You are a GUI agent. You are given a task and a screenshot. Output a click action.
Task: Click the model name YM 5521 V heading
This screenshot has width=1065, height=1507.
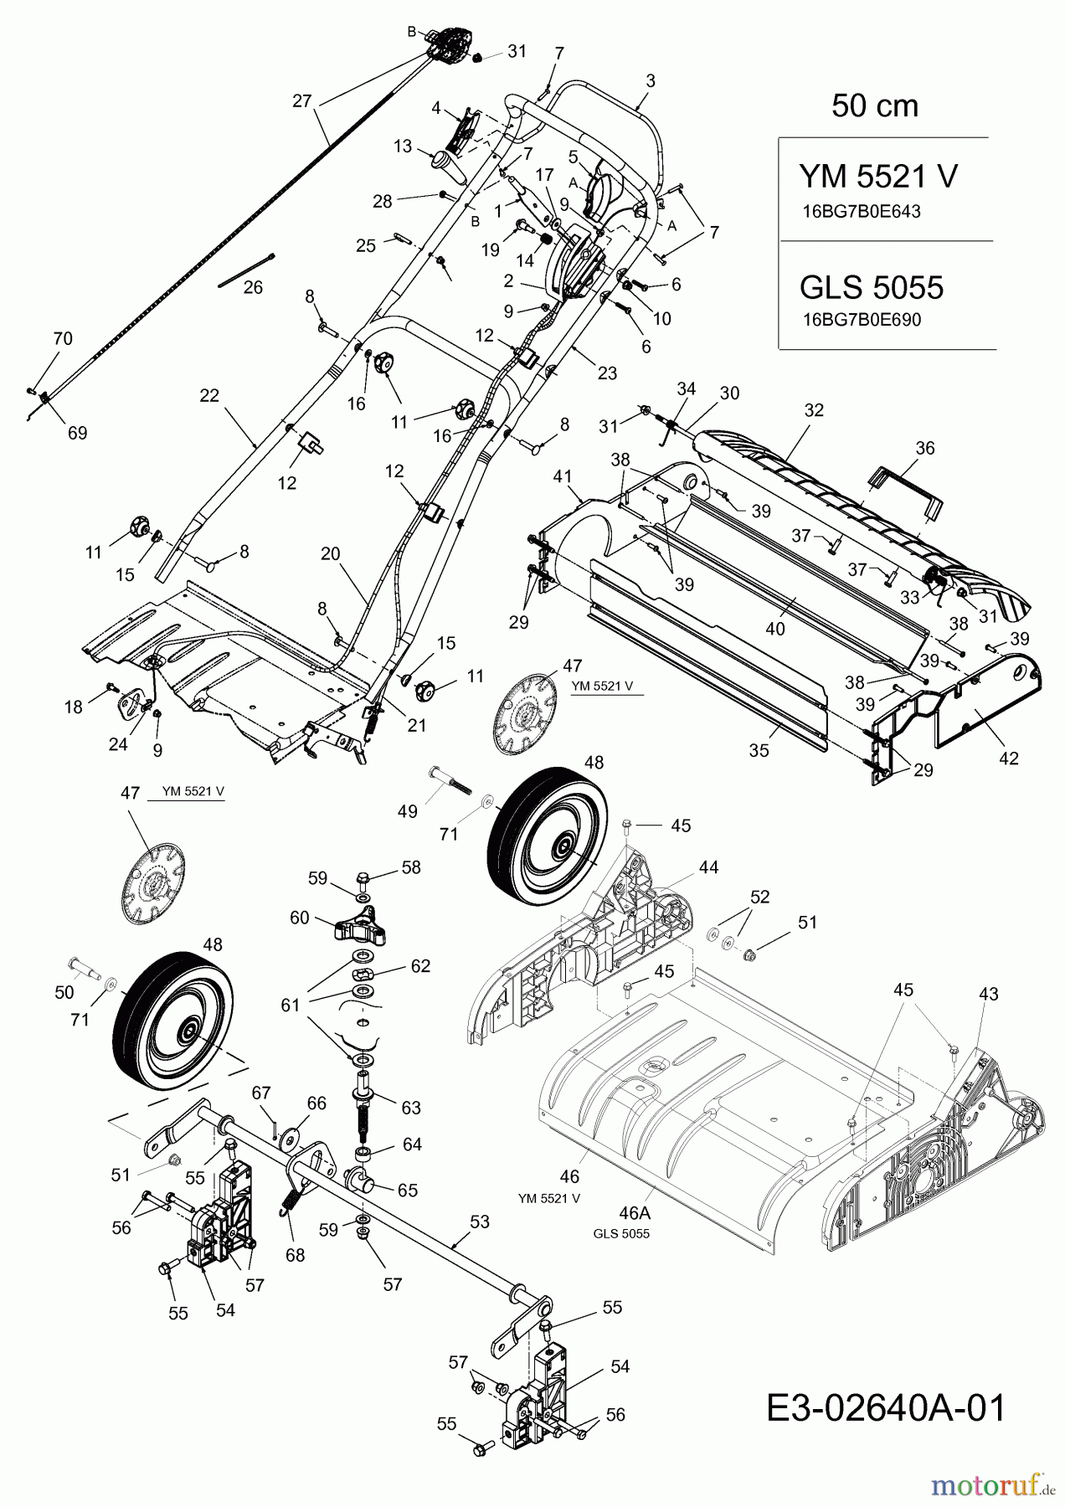coord(878,177)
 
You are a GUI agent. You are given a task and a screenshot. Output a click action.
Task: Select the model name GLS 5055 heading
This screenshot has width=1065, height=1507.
coord(872,287)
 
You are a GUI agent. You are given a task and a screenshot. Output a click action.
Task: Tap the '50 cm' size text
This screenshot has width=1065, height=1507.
coord(874,106)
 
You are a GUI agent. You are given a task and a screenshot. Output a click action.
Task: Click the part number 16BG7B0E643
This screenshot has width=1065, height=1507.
coord(861,212)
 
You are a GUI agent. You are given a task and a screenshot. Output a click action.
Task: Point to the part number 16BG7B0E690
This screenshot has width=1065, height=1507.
coord(861,320)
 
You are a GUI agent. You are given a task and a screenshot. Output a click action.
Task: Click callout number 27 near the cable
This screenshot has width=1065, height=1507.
coord(301,101)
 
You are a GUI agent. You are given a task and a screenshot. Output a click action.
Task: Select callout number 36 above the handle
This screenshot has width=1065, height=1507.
coord(924,448)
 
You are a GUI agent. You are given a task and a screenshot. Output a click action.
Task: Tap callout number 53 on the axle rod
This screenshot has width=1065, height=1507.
coord(479,1222)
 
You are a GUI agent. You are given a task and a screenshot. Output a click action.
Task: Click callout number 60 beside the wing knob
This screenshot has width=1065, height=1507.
coord(300,918)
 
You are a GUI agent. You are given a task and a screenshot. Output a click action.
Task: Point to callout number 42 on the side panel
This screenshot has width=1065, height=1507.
coord(1009,759)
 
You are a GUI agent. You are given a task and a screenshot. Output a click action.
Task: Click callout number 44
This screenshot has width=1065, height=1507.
coord(708,867)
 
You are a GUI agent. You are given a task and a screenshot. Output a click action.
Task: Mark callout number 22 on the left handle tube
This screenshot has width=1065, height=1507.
coord(209,394)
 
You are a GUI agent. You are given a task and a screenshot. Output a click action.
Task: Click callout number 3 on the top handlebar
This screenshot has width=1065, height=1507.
coord(651,81)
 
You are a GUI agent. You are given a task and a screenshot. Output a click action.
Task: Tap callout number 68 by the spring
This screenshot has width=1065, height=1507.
coord(295,1255)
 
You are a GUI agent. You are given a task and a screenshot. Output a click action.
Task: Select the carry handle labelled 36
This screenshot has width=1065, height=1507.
coord(908,490)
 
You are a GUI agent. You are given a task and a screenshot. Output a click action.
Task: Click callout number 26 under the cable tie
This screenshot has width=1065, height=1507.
coord(253,288)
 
